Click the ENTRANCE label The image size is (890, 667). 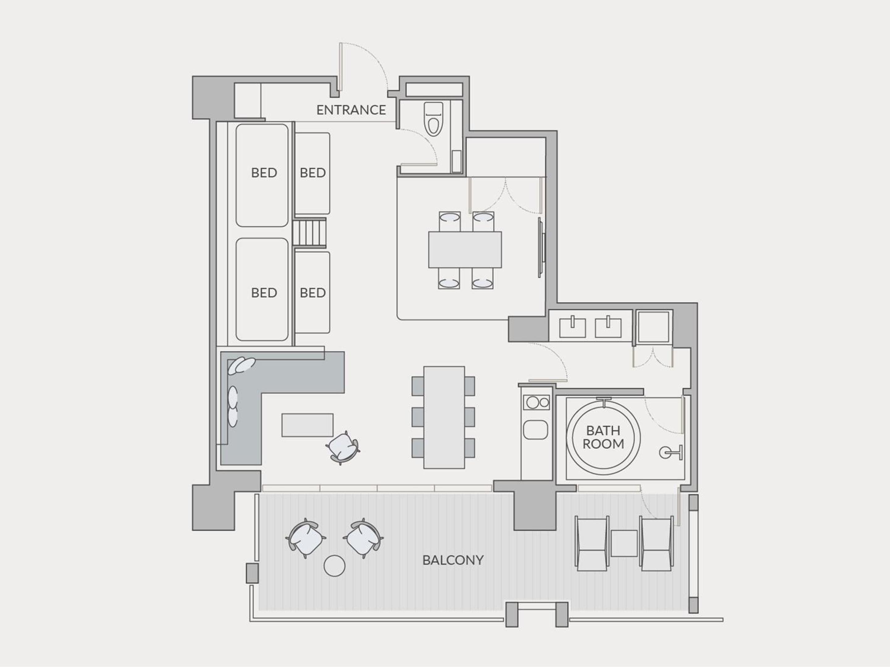(x=351, y=110)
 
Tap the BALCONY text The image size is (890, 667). (x=453, y=560)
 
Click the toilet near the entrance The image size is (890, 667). (x=433, y=119)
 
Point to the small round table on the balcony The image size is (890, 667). (x=334, y=566)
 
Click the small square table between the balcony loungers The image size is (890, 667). (x=624, y=543)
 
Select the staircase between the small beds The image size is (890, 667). (x=309, y=233)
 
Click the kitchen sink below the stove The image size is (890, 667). (x=536, y=430)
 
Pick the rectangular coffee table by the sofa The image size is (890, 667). (x=307, y=425)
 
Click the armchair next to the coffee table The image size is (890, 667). (x=343, y=447)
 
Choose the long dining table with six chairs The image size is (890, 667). (x=444, y=417)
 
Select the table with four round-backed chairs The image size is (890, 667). (x=465, y=250)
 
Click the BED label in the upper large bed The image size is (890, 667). (x=264, y=173)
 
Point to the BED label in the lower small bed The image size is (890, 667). (x=313, y=293)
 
